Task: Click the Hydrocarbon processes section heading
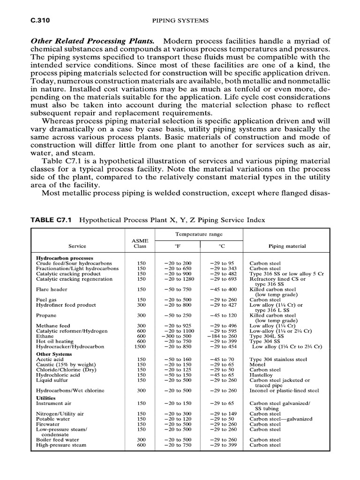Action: tap(65, 258)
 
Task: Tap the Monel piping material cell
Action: tap(258, 364)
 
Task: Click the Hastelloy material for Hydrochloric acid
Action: tap(261, 375)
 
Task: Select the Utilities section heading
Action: tap(46, 397)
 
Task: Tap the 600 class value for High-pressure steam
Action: tap(140, 445)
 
